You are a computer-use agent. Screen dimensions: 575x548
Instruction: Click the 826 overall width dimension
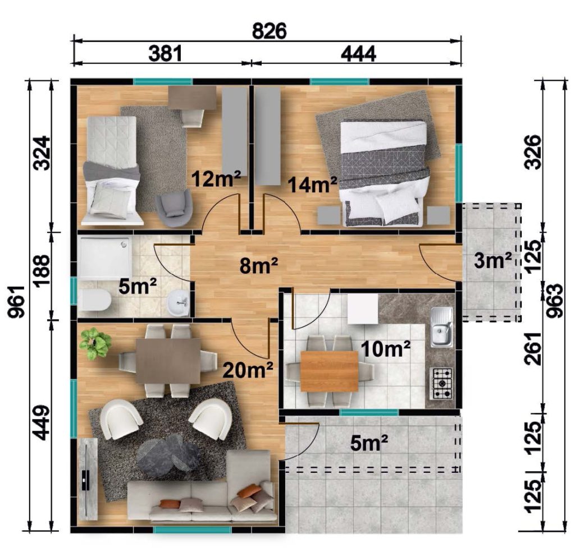pos(269,31)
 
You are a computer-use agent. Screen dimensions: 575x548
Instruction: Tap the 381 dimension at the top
pos(165,53)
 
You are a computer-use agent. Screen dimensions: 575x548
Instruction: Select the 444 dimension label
pos(358,54)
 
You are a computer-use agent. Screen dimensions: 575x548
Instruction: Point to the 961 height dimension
pos(17,302)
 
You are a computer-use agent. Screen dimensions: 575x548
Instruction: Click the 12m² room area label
pos(216,179)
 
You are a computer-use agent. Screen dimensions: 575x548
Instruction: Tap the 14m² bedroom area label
pos(312,184)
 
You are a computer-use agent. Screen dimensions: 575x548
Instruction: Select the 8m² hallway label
pos(259,265)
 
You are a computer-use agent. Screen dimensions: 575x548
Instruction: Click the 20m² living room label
pos(248,370)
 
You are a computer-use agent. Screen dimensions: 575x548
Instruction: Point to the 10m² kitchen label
pos(386,349)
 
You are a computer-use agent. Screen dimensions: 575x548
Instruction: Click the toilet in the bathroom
pos(94,300)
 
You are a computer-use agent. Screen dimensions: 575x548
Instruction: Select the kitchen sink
pos(441,327)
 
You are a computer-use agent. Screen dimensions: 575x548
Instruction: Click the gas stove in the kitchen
pos(442,384)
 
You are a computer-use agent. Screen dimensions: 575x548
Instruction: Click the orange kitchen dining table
pos(329,371)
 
